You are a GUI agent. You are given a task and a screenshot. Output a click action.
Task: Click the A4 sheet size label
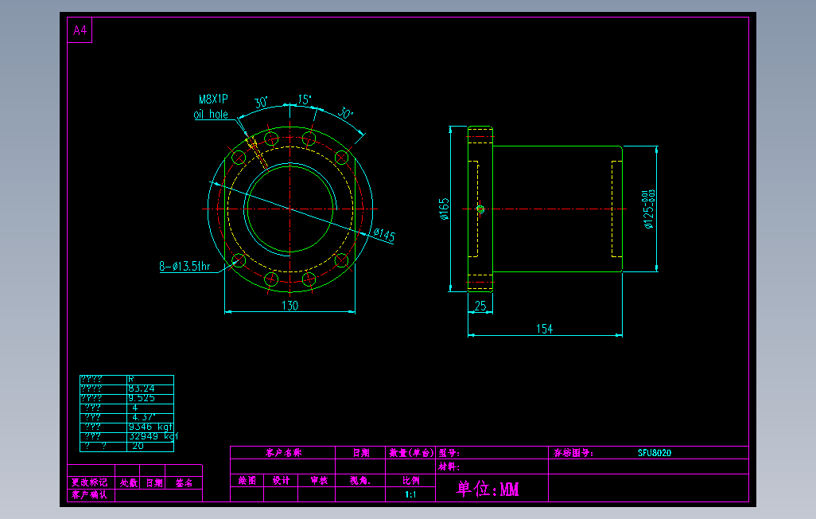coord(80,31)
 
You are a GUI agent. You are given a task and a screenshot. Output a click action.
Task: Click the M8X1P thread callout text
coord(213,100)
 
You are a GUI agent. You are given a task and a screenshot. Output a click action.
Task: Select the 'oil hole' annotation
coord(211,115)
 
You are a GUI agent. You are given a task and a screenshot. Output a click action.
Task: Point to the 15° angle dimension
coord(305,100)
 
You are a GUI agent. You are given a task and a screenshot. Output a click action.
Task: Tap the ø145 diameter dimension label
coord(383,236)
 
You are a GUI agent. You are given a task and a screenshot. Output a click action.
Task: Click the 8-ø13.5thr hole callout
coord(184,267)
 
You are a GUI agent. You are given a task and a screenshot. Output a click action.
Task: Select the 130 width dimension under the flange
coord(290,306)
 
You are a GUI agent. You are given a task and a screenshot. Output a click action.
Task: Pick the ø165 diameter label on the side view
coord(444,209)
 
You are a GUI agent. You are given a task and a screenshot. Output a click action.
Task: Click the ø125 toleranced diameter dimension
coord(649,209)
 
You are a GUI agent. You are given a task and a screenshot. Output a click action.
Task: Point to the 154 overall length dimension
coord(544,329)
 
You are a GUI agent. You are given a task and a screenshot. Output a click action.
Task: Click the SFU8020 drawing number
coord(654,453)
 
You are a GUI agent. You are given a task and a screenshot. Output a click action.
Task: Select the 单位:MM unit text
coord(488,489)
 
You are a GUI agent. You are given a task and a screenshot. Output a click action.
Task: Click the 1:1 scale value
coord(410,495)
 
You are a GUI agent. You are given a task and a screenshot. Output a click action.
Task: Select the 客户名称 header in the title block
coord(283,453)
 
